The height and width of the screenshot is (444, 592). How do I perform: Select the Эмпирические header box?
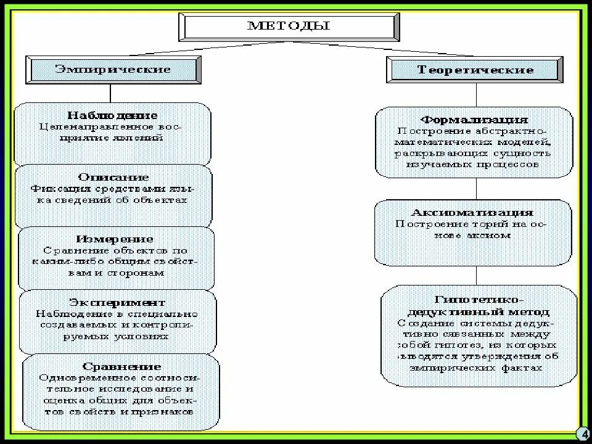coord(113,68)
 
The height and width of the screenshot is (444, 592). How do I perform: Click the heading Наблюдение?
coord(112,115)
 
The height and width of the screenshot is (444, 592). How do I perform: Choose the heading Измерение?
coord(115,239)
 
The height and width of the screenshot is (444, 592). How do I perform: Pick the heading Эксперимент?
coord(117,302)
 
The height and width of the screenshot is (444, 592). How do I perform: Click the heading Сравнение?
coord(120,366)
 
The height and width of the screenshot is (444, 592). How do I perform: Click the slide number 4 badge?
coord(582,433)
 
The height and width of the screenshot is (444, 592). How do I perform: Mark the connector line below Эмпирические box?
coord(110,93)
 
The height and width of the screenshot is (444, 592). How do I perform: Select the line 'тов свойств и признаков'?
coord(119,411)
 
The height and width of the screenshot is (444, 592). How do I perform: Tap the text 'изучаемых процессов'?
coord(473,165)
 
